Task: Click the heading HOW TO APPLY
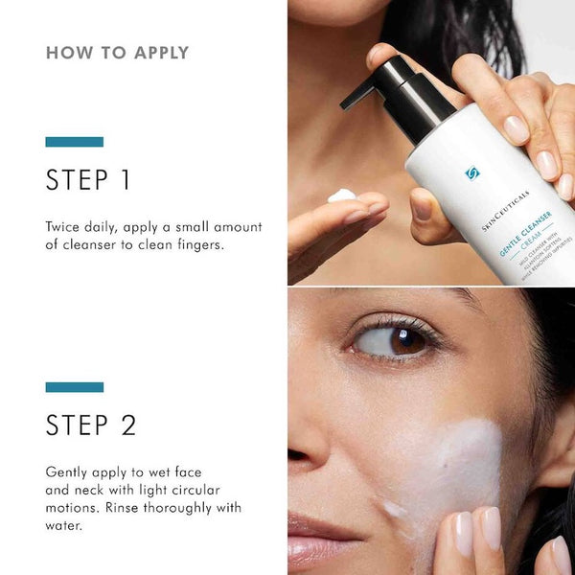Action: [117, 53]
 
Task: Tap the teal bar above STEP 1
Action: [74, 142]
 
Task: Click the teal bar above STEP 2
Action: [74, 387]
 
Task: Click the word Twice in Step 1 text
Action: [65, 227]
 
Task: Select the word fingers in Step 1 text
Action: [194, 245]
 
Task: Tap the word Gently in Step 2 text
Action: [68, 472]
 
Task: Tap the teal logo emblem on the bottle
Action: [471, 173]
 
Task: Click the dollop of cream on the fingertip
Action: [341, 195]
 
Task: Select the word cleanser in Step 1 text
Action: [93, 245]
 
